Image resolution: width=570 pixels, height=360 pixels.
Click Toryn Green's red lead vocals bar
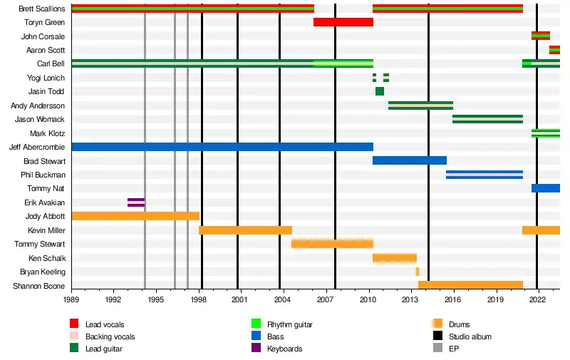coord(343,22)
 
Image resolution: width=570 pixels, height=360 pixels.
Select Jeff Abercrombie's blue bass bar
coord(222,147)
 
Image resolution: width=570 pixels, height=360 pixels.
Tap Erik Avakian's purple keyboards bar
coord(136,202)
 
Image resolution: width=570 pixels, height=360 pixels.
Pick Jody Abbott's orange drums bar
coord(135,216)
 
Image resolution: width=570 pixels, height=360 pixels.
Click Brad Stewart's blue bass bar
coord(409,160)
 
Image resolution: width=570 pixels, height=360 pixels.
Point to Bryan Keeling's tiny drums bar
coord(418,272)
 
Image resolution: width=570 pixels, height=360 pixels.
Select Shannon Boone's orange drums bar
coord(470,285)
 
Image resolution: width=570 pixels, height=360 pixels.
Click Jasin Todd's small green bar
coord(380,91)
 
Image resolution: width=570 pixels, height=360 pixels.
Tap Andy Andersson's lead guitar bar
coord(420,106)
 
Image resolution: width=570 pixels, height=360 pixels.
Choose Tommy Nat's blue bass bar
coord(545,188)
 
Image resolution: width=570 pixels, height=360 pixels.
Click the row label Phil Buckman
coord(44,175)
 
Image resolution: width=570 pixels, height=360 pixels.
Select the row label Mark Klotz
coord(47,133)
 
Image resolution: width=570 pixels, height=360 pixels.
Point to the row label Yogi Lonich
coord(46,78)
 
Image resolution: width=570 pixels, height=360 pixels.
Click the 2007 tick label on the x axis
coord(326,302)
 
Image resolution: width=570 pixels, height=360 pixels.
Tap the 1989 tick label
coord(72,302)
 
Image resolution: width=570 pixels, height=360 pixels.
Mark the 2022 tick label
coord(537,302)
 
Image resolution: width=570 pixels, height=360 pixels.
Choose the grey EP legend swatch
coord(438,349)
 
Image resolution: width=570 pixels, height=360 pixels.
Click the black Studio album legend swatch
coord(438,336)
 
